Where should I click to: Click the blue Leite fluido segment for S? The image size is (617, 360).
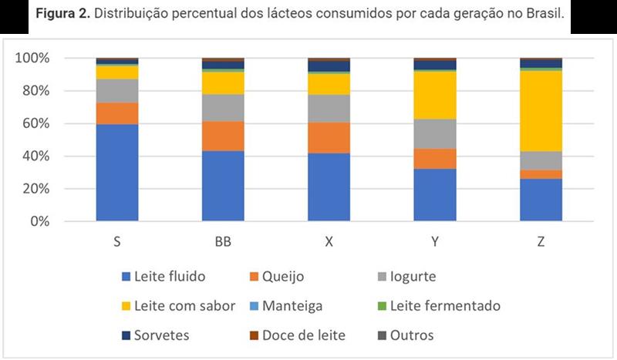(x=117, y=172)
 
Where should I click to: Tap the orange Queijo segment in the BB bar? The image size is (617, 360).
(x=223, y=136)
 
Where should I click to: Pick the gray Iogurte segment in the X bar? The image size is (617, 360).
(x=329, y=108)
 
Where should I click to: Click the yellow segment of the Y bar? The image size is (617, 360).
(x=435, y=95)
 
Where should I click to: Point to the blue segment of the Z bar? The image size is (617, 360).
(x=541, y=200)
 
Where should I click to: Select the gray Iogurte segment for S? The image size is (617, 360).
(x=117, y=90)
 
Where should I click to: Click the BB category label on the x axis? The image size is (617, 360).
(x=223, y=241)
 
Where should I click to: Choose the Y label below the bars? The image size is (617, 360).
(x=435, y=241)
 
